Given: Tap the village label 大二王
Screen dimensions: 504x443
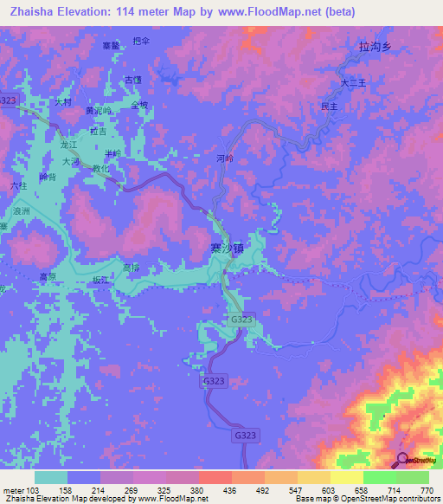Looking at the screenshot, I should (x=354, y=83).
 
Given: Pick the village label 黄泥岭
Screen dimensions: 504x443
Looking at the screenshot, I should (x=97, y=112).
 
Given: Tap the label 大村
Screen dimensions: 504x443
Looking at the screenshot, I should (x=62, y=102).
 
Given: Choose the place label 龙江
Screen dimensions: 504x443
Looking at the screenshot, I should (x=70, y=145).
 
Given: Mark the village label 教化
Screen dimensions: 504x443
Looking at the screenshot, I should (x=101, y=170).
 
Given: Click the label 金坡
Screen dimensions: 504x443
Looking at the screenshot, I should (x=139, y=106).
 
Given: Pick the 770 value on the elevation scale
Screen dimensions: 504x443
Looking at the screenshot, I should (x=426, y=490).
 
